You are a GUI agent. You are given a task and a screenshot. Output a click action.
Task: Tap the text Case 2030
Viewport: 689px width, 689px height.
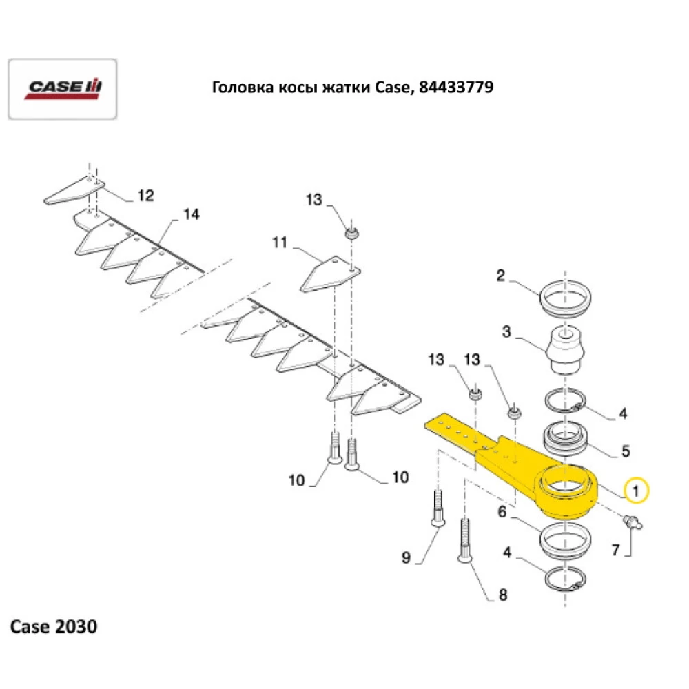53,627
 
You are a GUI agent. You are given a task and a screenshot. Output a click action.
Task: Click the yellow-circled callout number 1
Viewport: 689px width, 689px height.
636,491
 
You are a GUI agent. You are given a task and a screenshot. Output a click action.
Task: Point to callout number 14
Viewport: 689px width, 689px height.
191,215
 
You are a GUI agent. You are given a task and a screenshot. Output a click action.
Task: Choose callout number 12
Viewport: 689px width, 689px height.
145,196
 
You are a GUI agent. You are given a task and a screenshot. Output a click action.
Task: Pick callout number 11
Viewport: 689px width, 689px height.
280,243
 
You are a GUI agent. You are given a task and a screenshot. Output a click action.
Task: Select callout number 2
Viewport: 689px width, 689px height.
501,277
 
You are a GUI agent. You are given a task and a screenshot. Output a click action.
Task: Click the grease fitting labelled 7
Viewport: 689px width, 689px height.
632,522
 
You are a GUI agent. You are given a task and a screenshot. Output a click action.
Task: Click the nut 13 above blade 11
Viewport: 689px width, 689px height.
352,234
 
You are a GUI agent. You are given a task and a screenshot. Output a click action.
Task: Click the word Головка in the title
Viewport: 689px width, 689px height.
236,88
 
